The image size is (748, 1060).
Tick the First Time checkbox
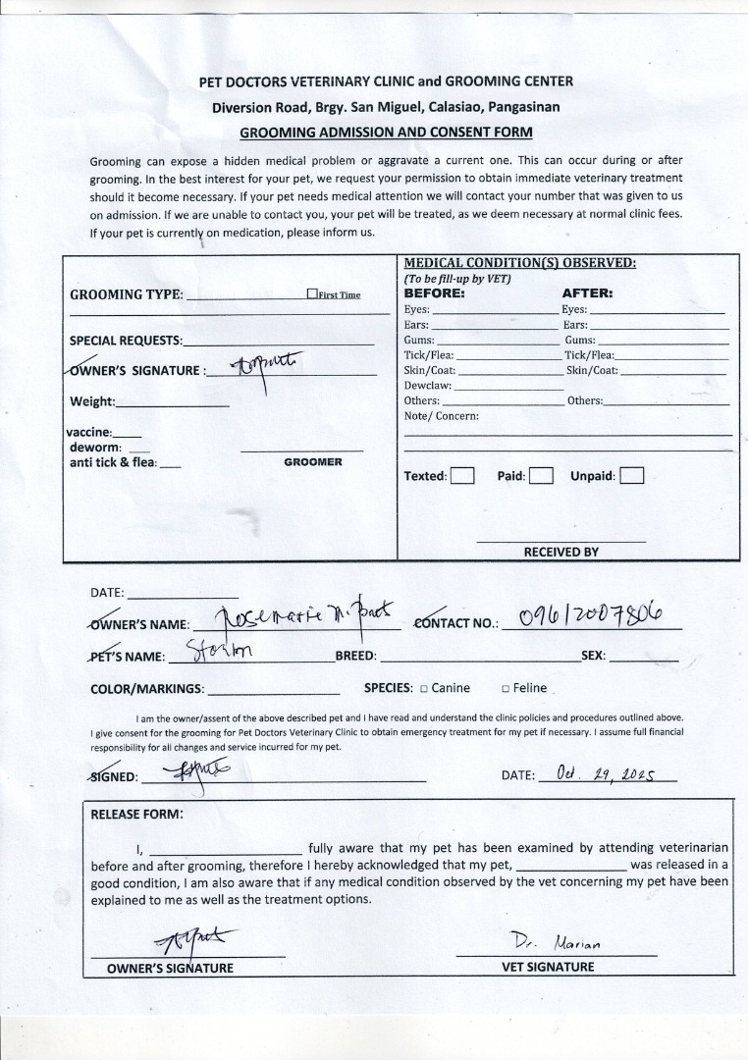312,293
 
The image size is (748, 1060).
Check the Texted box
462,476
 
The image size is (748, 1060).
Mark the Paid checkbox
542,476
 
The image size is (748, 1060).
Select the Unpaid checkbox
632,476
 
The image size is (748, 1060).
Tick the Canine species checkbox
423,689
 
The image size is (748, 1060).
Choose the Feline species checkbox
506,689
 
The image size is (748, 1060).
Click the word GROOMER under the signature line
313,461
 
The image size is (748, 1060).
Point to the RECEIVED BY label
561,552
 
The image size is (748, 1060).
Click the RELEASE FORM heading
136,814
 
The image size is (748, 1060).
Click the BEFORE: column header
435,292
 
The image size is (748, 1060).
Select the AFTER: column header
587,292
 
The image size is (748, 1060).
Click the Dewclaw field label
427,386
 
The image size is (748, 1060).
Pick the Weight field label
92,401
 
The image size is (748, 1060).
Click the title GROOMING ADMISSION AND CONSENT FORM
386,132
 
